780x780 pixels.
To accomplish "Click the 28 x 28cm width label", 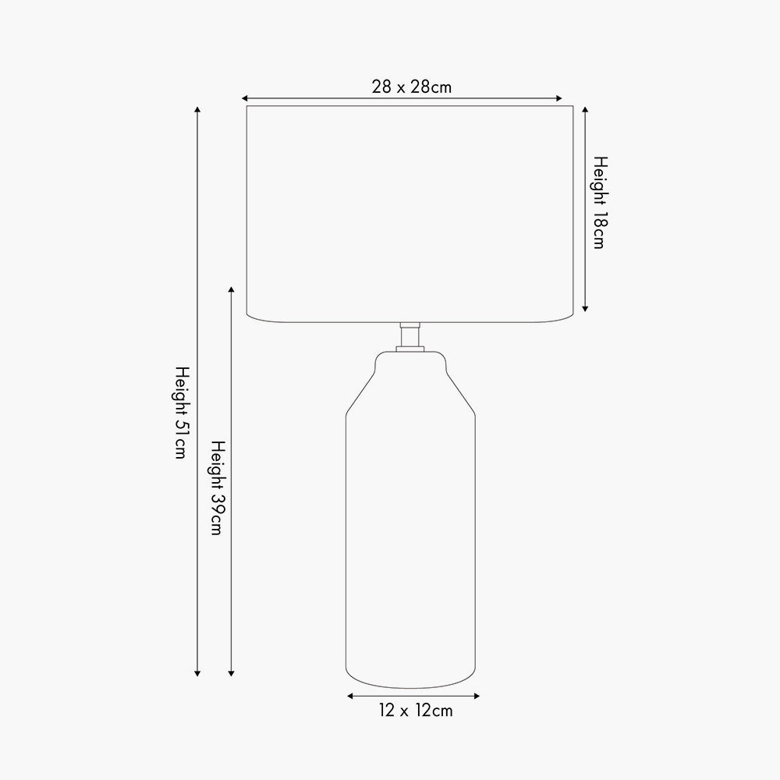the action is [411, 87].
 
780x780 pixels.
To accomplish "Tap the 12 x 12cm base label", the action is [416, 711].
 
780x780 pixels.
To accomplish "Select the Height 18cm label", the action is [601, 203].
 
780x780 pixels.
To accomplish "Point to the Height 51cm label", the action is [182, 413].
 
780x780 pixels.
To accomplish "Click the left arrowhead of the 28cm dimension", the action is [244, 98].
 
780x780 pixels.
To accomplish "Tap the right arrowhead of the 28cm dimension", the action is [559, 98].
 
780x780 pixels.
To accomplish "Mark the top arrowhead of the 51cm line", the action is [197, 109].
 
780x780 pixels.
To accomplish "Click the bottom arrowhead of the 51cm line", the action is [197, 674].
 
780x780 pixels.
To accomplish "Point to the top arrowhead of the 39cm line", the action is [231, 289].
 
